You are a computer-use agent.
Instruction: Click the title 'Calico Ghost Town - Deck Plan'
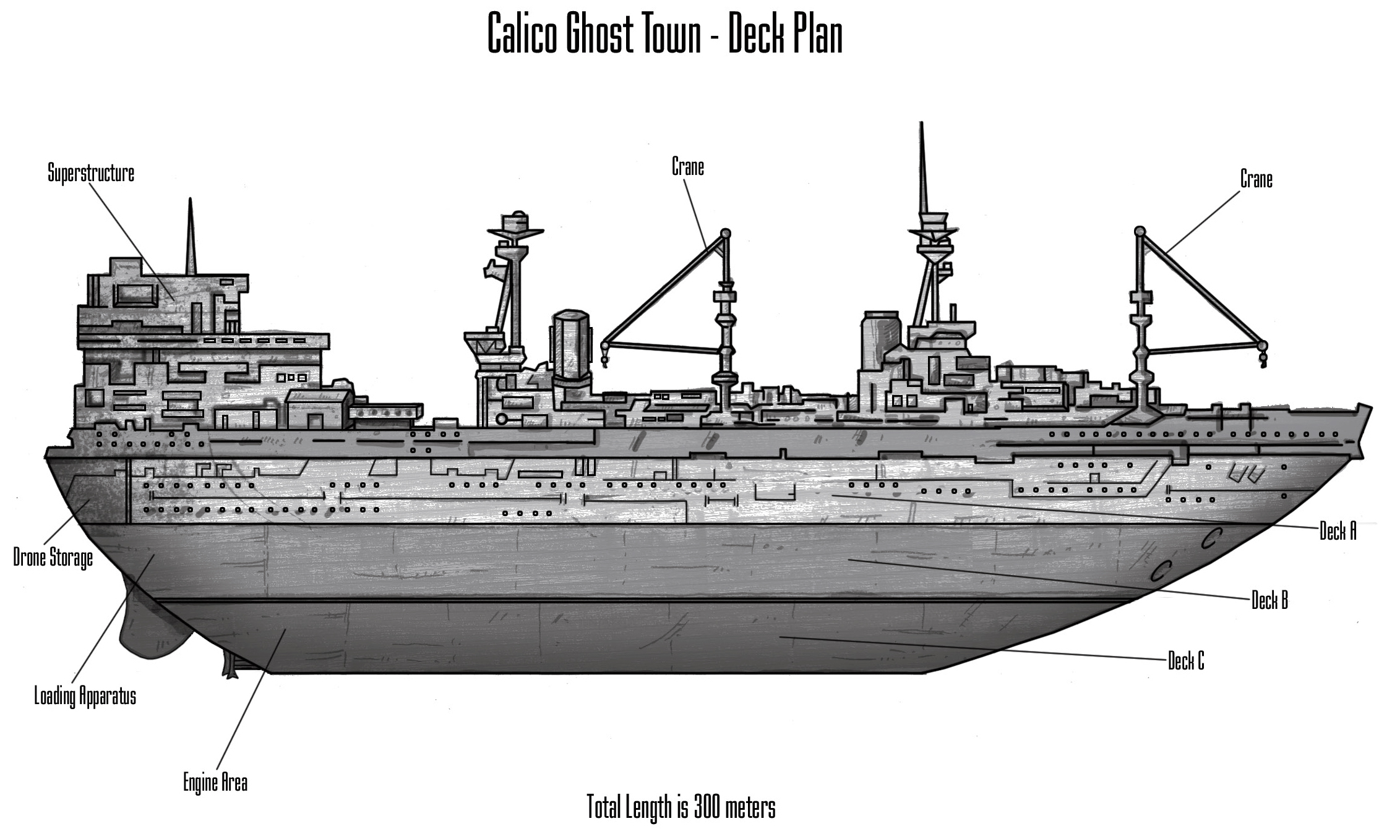[x=665, y=34]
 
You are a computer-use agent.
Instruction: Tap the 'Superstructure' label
[x=91, y=174]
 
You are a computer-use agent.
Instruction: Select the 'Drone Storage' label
[x=53, y=558]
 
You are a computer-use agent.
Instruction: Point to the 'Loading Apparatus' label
[x=85, y=696]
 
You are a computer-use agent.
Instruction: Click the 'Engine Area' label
[x=215, y=783]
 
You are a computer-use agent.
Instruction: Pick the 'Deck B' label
[x=1269, y=600]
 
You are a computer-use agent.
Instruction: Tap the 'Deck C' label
[x=1186, y=661]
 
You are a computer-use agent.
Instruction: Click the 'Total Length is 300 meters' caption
[x=681, y=807]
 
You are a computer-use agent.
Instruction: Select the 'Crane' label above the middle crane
[x=688, y=167]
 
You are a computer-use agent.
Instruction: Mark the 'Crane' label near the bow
[x=1257, y=179]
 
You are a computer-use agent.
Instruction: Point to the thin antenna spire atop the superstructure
[x=191, y=238]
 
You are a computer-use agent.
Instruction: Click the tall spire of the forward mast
[x=922, y=167]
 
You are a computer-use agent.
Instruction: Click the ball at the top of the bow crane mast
[x=1138, y=231]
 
